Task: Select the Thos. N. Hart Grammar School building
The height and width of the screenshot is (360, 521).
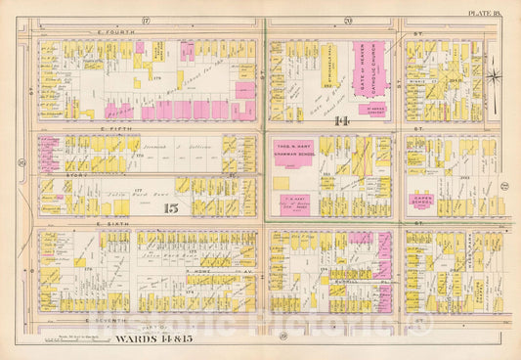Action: [x=297, y=152]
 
